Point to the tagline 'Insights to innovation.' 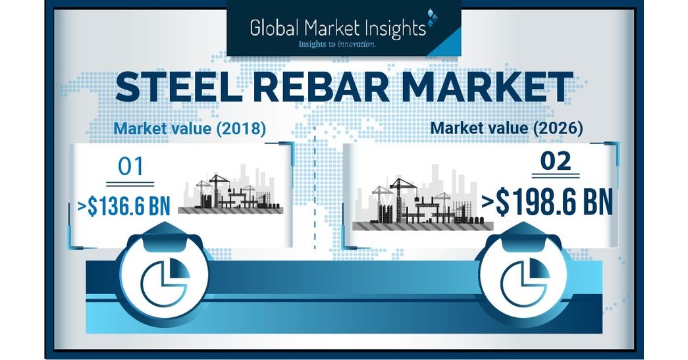(x=336, y=44)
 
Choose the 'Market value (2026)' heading (x=506, y=128)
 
